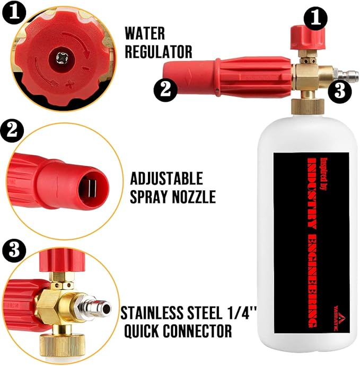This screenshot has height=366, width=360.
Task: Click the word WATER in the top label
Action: point(145,33)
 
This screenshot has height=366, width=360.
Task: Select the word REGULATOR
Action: point(159,51)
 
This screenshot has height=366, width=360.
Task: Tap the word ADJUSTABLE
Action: point(166,178)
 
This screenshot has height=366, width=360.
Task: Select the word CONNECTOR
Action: point(197,331)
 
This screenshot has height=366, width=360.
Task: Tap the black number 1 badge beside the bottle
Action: point(315,18)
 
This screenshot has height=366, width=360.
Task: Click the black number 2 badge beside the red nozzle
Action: point(165,90)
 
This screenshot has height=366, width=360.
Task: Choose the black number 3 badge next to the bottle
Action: point(340,91)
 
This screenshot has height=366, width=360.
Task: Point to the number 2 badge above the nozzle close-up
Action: point(12,130)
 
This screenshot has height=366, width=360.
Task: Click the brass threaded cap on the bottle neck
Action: point(308,106)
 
